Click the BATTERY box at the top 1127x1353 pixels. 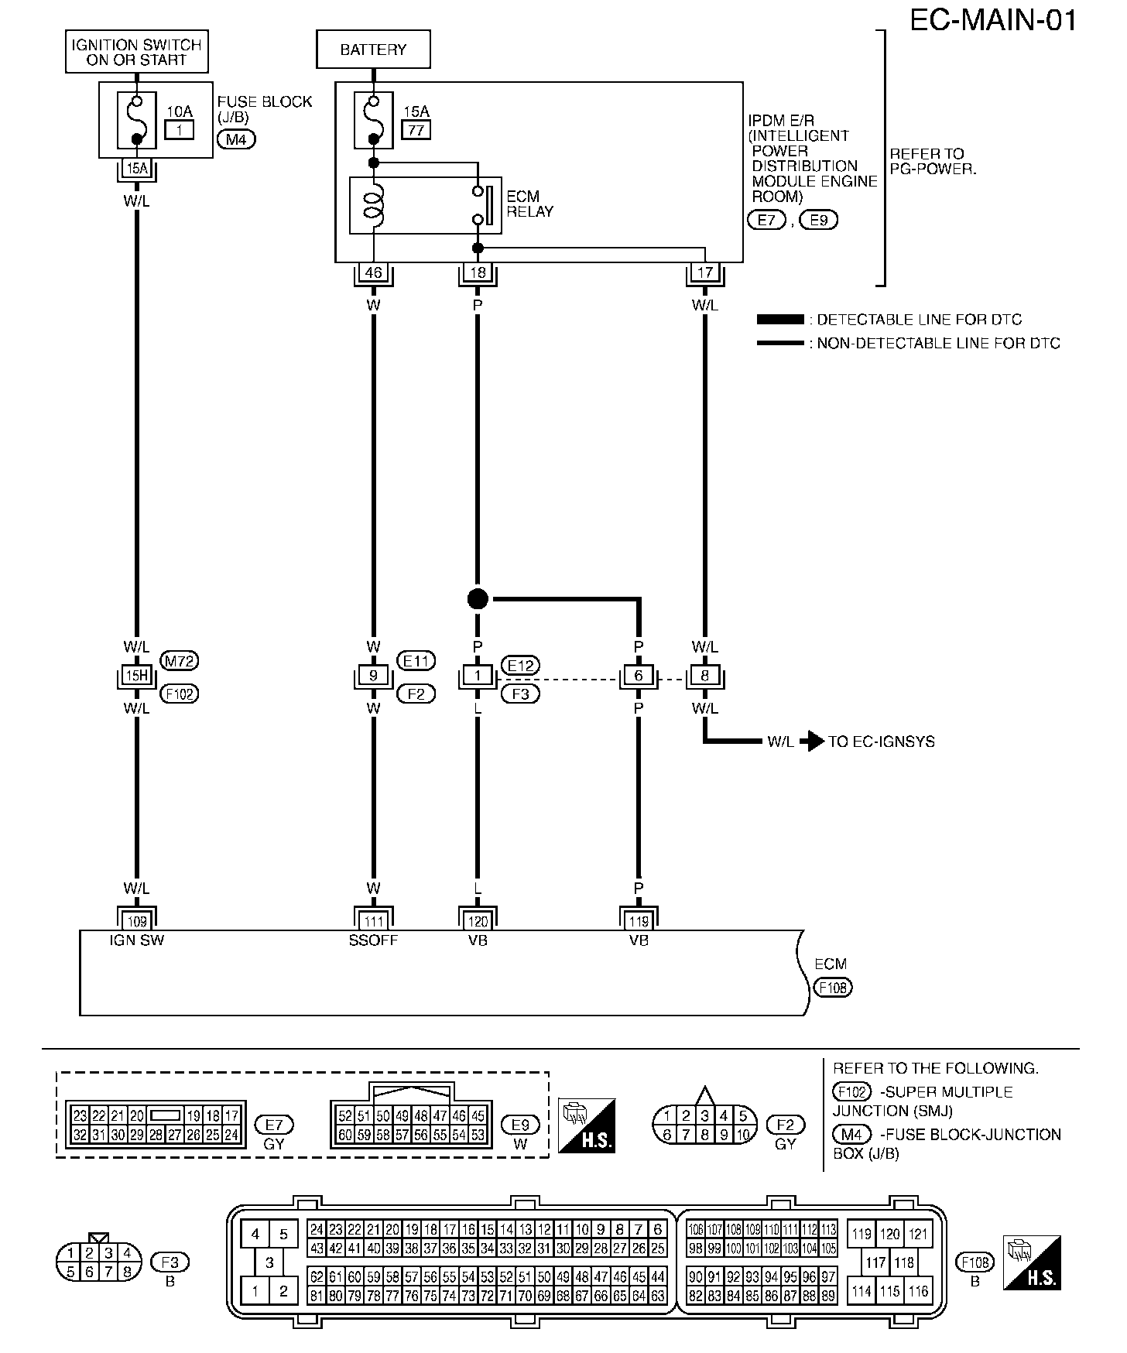click(x=373, y=50)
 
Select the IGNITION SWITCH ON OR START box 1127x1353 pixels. click(x=136, y=53)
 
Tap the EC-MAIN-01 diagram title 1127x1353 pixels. click(x=992, y=20)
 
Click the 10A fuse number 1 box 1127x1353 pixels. click(x=180, y=130)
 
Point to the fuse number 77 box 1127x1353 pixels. click(x=416, y=130)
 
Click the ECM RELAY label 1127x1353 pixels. click(x=530, y=204)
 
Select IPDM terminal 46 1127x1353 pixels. click(x=374, y=272)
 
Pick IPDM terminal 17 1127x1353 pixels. click(x=704, y=272)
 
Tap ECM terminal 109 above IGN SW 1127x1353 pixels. click(x=137, y=921)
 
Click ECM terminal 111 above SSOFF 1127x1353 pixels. click(x=374, y=921)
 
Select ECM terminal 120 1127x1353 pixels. click(x=478, y=921)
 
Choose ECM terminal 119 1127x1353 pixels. click(x=639, y=921)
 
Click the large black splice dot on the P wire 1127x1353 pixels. click(x=478, y=598)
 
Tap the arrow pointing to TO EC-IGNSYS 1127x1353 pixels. click(x=811, y=742)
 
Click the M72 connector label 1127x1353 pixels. click(x=179, y=660)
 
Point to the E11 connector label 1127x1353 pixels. click(x=416, y=660)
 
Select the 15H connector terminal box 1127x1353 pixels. click(x=137, y=676)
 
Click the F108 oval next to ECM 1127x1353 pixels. click(x=832, y=988)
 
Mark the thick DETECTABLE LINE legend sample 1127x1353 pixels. click(x=780, y=320)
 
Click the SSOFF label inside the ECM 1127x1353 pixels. click(x=373, y=940)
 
